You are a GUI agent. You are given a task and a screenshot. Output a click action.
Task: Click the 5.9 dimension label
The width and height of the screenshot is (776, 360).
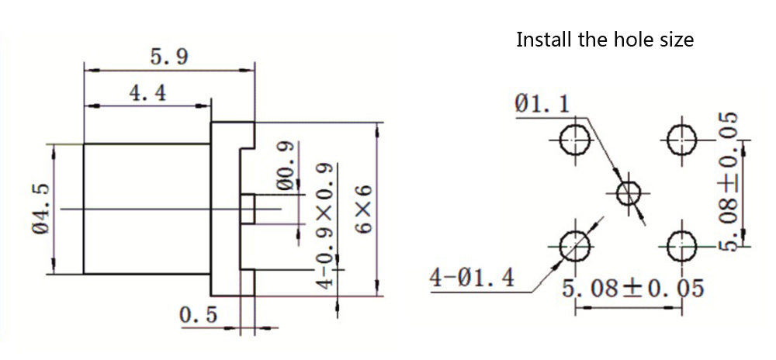click(x=169, y=57)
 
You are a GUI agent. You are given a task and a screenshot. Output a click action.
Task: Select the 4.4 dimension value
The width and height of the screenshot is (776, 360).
click(x=147, y=93)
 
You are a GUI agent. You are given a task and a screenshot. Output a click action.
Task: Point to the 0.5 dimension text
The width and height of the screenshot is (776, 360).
click(x=199, y=316)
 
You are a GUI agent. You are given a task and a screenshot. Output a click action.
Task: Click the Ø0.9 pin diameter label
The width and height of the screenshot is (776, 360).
click(x=285, y=167)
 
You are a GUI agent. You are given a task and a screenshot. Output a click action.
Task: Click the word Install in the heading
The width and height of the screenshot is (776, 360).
click(x=544, y=40)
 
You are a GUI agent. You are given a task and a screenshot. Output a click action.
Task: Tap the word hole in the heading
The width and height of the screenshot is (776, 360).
click(x=625, y=40)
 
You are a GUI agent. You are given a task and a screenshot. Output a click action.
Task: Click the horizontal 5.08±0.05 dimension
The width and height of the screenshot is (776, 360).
click(x=632, y=289)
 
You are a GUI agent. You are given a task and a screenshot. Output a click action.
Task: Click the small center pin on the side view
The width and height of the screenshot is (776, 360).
click(x=248, y=209)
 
